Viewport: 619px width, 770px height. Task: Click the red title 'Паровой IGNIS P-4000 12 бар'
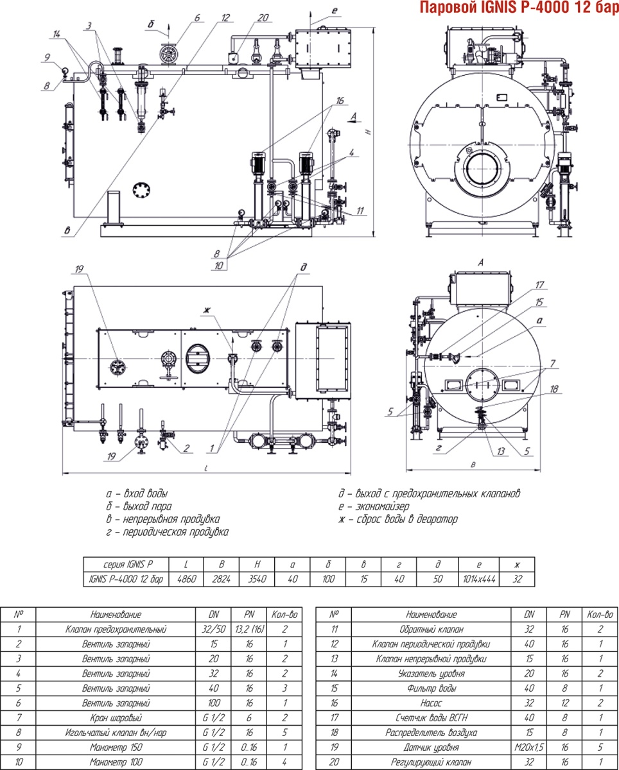click(x=518, y=8)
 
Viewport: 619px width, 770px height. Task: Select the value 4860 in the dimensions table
click(x=186, y=579)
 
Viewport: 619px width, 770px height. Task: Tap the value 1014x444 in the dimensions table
click(x=478, y=579)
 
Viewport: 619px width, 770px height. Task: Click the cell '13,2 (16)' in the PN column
click(x=249, y=629)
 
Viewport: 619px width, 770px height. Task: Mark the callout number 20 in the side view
click(x=263, y=18)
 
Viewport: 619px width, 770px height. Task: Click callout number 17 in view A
click(x=539, y=284)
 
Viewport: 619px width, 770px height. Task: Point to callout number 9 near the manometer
click(x=47, y=57)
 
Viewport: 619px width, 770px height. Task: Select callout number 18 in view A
click(x=555, y=389)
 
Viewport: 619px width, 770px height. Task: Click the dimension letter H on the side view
click(x=368, y=131)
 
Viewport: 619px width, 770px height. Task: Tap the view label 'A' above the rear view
click(x=480, y=262)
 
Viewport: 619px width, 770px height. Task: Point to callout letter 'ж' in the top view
click(x=206, y=311)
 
